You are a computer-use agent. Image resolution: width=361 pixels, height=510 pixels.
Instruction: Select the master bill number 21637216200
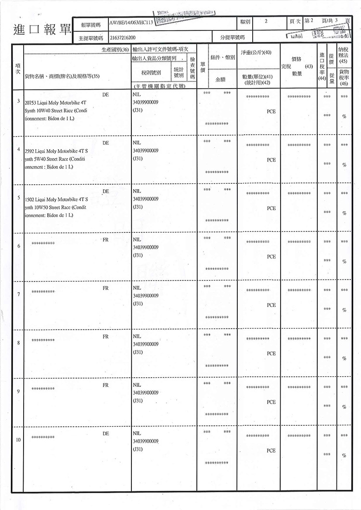coord(123,37)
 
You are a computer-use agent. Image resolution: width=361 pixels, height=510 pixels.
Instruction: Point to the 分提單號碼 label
coord(232,37)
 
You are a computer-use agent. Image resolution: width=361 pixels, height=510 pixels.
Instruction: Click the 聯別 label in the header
coord(245,22)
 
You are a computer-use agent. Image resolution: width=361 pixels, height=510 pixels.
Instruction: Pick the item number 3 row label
coord(18,102)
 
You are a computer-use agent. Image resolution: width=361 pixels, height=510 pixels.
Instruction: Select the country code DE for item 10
coord(105,433)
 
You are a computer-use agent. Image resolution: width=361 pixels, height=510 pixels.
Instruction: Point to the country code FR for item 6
coord(105,240)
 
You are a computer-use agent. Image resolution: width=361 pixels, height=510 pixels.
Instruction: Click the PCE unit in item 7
coord(271,305)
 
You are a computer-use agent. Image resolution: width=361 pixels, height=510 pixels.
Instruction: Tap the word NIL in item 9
coord(136,385)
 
